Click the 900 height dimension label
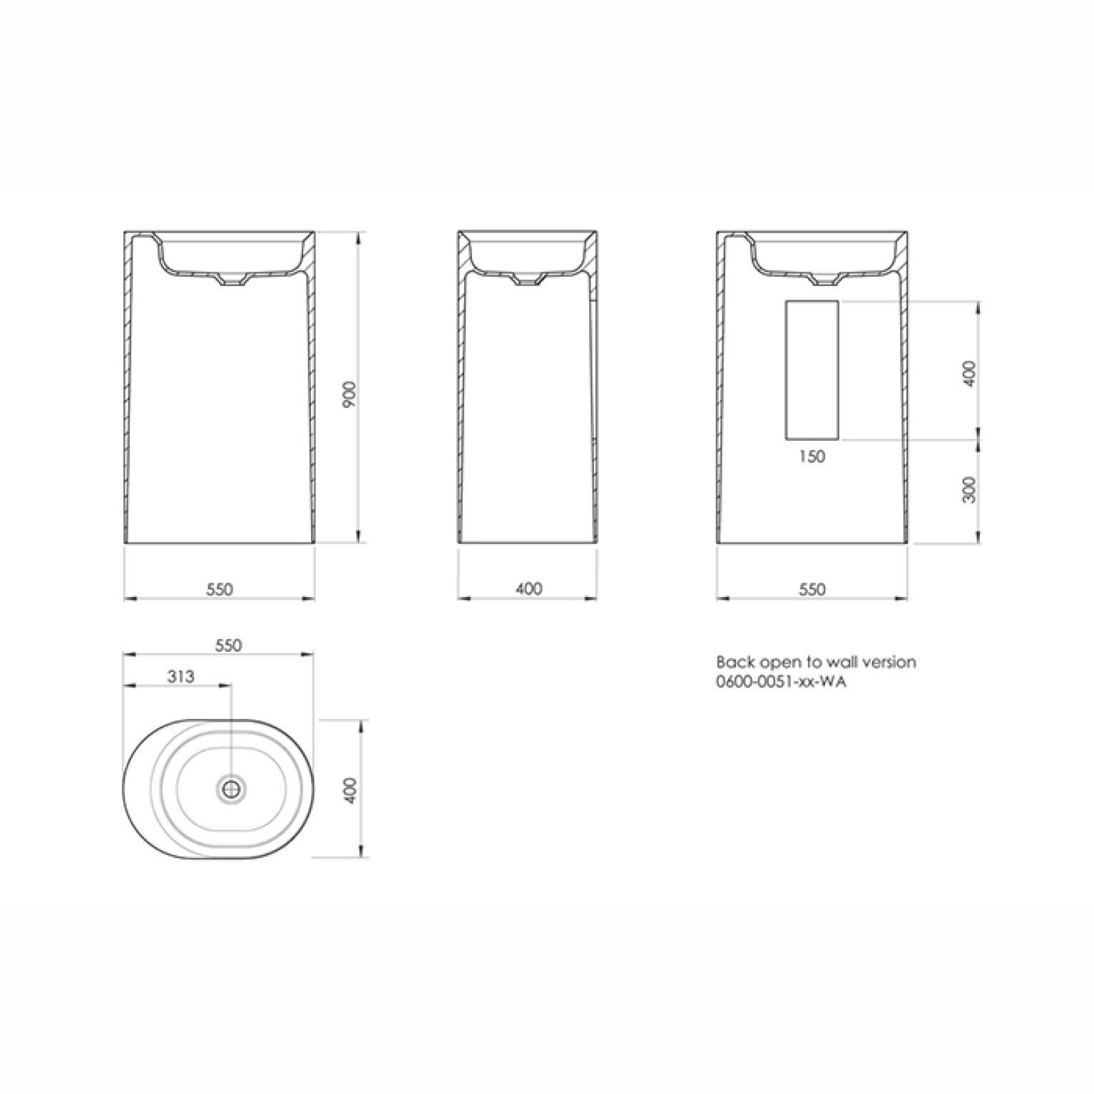point(349,394)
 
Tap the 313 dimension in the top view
point(180,675)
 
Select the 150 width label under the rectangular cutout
point(812,456)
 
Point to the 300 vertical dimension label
point(968,489)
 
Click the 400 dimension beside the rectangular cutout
point(968,373)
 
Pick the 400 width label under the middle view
point(528,588)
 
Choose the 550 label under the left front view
point(220,589)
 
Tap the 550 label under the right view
point(812,589)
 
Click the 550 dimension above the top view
point(228,645)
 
